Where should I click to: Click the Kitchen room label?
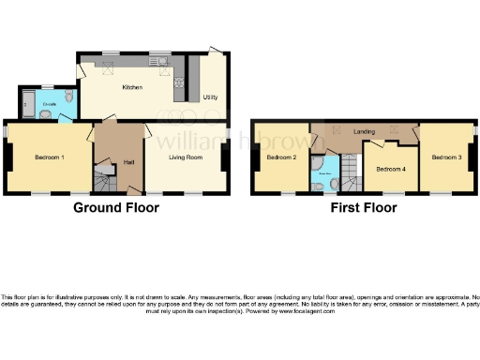[132, 88]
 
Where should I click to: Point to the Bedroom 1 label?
[49, 157]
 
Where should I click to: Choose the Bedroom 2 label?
[281, 157]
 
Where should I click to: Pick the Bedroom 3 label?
[446, 157]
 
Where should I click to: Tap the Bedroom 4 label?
[391, 169]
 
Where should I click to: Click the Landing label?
[365, 131]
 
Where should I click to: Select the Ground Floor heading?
[116, 207]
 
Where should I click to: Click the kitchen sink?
[162, 63]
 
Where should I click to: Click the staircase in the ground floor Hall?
[104, 175]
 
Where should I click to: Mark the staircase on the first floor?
[349, 172]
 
